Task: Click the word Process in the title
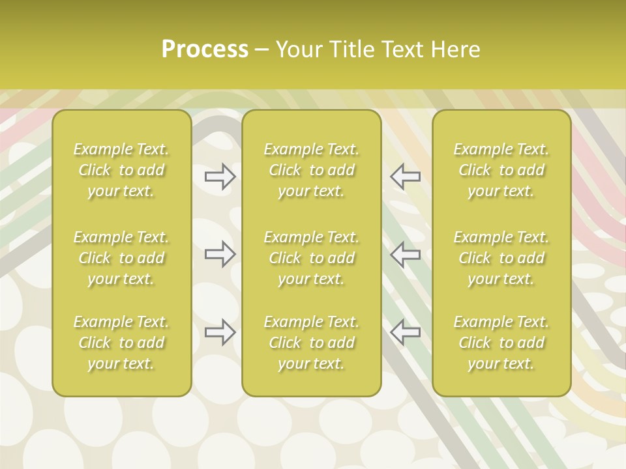[205, 50]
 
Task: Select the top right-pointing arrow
[220, 177]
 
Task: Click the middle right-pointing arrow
[220, 254]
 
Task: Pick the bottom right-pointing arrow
[220, 332]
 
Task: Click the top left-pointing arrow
[406, 177]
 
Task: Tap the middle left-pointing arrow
[406, 254]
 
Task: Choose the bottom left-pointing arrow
[406, 332]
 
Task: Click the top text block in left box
[121, 170]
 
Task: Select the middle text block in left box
[121, 258]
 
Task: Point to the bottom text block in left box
[121, 343]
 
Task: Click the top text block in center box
[312, 170]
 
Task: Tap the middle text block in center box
[312, 258]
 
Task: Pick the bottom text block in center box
[312, 343]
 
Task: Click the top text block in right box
[501, 170]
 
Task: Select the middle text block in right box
[501, 258]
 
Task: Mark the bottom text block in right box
[501, 343]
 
